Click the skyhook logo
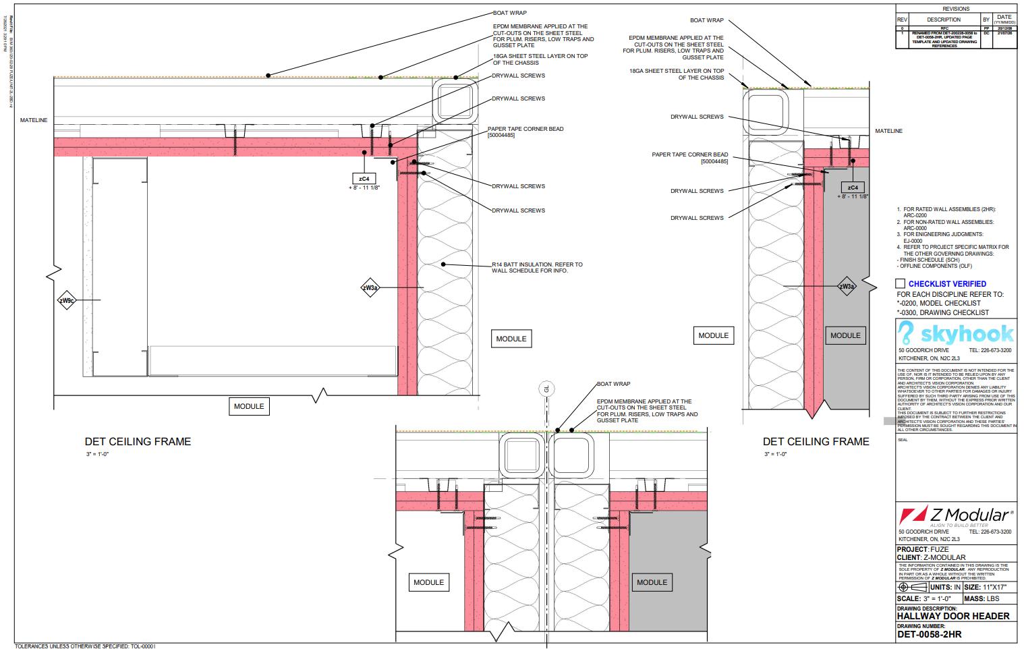(x=956, y=334)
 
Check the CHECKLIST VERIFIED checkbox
(x=901, y=284)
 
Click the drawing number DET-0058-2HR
(x=929, y=634)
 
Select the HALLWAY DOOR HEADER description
(x=953, y=616)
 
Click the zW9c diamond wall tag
(x=66, y=301)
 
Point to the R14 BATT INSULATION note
(x=536, y=267)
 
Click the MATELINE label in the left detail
(x=34, y=120)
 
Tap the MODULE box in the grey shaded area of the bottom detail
(x=652, y=582)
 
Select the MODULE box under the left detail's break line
(x=249, y=406)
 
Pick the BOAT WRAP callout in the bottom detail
(x=613, y=384)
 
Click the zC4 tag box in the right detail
(x=853, y=188)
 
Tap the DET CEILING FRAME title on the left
(x=138, y=442)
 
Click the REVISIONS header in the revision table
(x=956, y=9)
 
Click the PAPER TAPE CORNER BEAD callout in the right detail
(x=689, y=158)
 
